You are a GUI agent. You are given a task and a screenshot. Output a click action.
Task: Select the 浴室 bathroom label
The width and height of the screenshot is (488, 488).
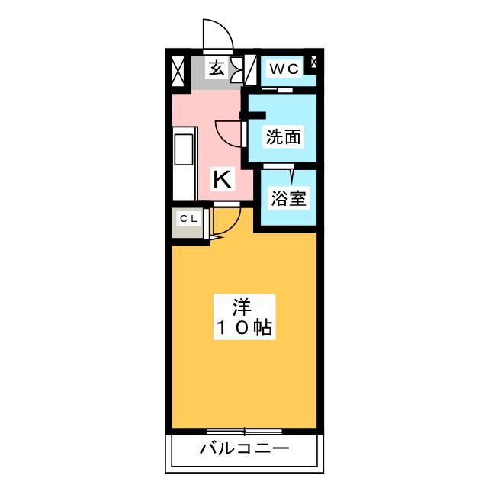(x=288, y=199)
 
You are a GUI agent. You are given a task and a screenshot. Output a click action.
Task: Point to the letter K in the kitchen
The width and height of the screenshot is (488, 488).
(x=221, y=180)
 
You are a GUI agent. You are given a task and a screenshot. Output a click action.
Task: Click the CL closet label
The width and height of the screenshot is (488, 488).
(x=188, y=220)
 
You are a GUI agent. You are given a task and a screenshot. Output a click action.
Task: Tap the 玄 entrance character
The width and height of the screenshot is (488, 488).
(x=217, y=69)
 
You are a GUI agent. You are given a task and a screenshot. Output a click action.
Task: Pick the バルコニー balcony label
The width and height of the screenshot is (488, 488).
(x=244, y=448)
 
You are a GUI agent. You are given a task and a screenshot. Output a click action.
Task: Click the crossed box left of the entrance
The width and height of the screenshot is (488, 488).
(x=178, y=70)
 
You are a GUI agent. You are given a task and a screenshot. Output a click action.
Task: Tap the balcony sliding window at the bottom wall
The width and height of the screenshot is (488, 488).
(x=244, y=431)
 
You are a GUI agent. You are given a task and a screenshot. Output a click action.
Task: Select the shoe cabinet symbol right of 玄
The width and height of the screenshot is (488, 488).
(x=235, y=69)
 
